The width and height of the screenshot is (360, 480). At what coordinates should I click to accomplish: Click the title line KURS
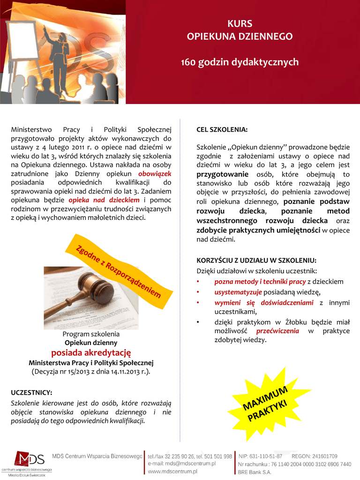coord(240,23)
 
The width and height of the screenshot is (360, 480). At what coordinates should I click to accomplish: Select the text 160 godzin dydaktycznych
coord(240,62)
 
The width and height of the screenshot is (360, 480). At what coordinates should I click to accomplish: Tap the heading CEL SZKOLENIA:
coord(222,129)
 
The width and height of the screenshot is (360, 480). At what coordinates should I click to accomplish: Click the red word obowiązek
coord(151,174)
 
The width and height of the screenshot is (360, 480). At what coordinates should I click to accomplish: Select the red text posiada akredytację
coord(91,352)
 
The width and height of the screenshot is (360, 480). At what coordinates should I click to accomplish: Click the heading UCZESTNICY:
coord(31,392)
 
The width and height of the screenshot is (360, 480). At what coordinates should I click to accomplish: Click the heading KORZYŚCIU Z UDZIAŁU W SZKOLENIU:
coord(256,260)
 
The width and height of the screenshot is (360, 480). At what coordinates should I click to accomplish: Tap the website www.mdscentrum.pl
coord(172,471)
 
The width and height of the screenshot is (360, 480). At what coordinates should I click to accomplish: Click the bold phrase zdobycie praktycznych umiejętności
coord(258,230)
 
